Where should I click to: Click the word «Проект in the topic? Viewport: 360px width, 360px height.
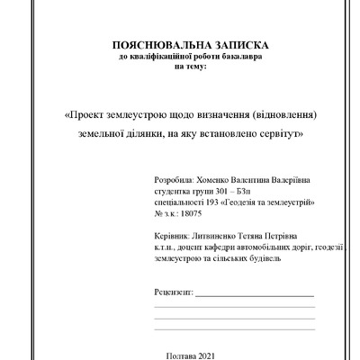(x=88, y=116)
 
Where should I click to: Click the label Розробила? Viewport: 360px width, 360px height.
(x=175, y=180)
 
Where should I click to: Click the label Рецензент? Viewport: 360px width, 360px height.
(x=174, y=293)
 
